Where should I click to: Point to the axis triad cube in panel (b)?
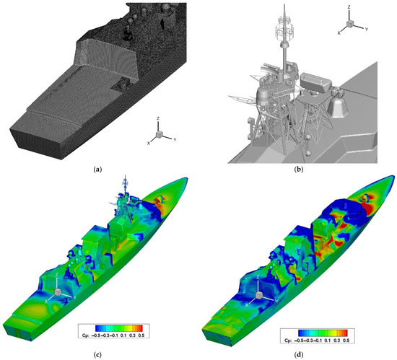pos(349,23)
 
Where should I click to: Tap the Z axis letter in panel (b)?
pos(349,6)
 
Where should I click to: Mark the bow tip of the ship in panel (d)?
pos(386,176)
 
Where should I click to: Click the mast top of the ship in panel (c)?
pos(126,177)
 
